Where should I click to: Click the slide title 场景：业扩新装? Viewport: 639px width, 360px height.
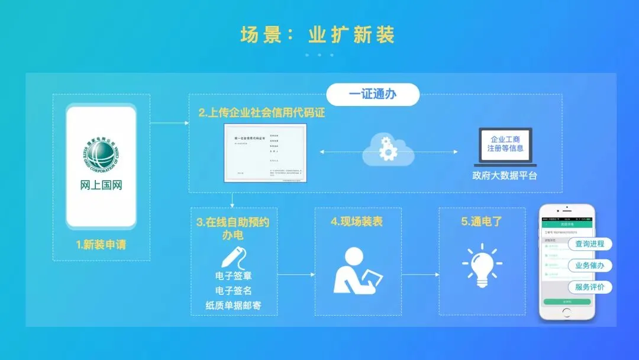(318, 34)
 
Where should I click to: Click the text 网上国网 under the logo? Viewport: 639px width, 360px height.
(101, 185)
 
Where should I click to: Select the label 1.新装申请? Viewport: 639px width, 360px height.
(101, 244)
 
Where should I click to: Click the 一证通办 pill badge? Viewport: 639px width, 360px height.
(373, 94)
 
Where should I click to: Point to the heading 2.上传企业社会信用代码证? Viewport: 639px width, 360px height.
(262, 112)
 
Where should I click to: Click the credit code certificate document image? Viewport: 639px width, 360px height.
(266, 152)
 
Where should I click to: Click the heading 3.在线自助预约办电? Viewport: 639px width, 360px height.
(233, 228)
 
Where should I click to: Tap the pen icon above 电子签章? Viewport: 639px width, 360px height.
(233, 257)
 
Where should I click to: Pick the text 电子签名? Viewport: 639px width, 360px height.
(234, 291)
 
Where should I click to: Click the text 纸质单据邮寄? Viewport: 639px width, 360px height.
(234, 306)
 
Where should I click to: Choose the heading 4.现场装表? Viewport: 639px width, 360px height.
(357, 222)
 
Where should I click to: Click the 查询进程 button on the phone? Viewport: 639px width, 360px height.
(589, 244)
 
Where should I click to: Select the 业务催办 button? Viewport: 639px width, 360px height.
(589, 266)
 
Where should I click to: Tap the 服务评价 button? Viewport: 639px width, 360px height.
(589, 287)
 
